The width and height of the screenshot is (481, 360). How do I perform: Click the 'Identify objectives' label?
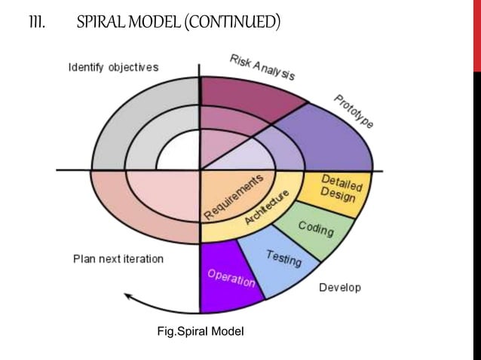tap(113, 67)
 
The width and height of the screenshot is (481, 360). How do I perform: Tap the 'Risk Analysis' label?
tap(262, 67)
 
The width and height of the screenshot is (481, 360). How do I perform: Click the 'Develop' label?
tap(340, 287)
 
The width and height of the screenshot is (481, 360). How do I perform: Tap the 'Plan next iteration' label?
tap(118, 258)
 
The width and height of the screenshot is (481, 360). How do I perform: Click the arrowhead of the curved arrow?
tap(129, 296)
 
